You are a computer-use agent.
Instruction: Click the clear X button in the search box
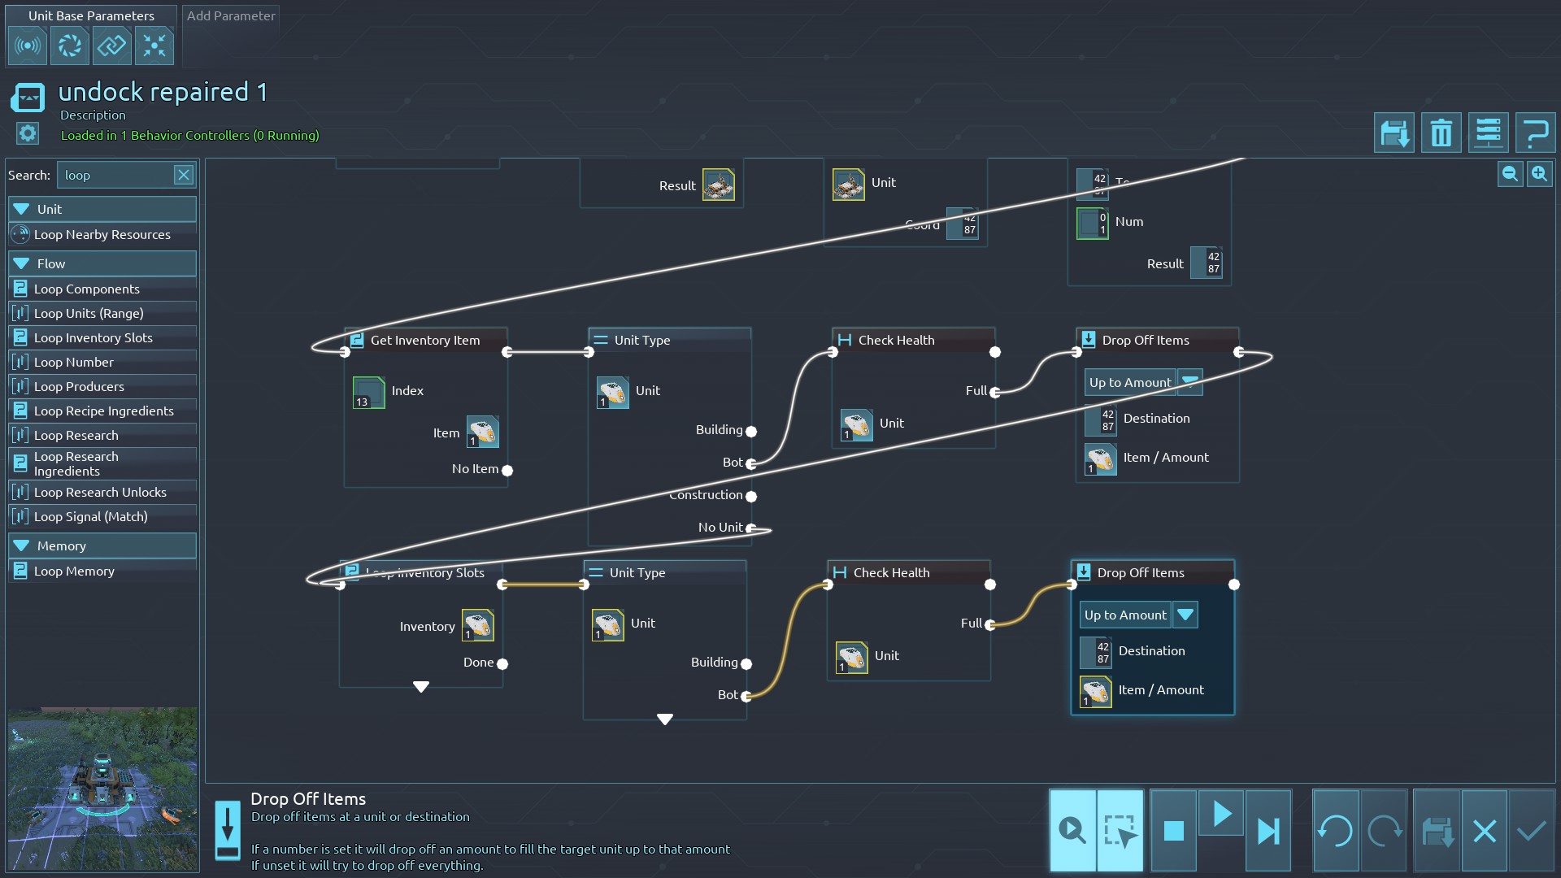click(184, 175)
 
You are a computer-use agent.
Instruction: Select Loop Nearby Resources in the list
click(102, 235)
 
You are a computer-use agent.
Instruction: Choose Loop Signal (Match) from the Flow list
click(91, 517)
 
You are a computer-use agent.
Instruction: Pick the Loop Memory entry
click(74, 572)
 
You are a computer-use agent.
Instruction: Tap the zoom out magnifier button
click(1510, 174)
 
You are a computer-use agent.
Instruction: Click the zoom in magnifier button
click(1539, 174)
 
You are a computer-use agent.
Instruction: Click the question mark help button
click(1535, 133)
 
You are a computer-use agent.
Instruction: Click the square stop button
click(1173, 831)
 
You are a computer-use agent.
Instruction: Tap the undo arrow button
click(1335, 831)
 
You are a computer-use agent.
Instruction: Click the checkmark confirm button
click(1532, 831)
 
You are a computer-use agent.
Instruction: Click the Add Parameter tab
click(231, 16)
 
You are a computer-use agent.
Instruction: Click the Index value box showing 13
click(368, 393)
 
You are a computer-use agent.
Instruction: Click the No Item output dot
click(507, 470)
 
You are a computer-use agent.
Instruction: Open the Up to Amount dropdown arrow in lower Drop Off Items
click(1185, 615)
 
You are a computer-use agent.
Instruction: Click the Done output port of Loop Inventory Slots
click(502, 663)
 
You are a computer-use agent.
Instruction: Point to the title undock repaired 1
click(163, 92)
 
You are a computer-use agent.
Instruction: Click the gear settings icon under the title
click(28, 133)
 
